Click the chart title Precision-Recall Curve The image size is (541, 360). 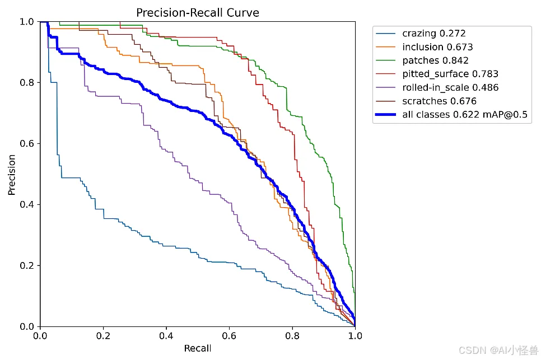click(198, 12)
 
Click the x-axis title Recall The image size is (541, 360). click(198, 348)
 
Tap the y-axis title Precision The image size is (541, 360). click(12, 174)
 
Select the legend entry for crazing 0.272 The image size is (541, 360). click(433, 34)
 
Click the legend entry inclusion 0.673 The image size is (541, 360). click(437, 47)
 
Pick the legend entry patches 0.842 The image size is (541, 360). click(435, 60)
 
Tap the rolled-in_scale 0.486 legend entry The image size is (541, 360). click(450, 87)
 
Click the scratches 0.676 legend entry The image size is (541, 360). click(439, 101)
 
